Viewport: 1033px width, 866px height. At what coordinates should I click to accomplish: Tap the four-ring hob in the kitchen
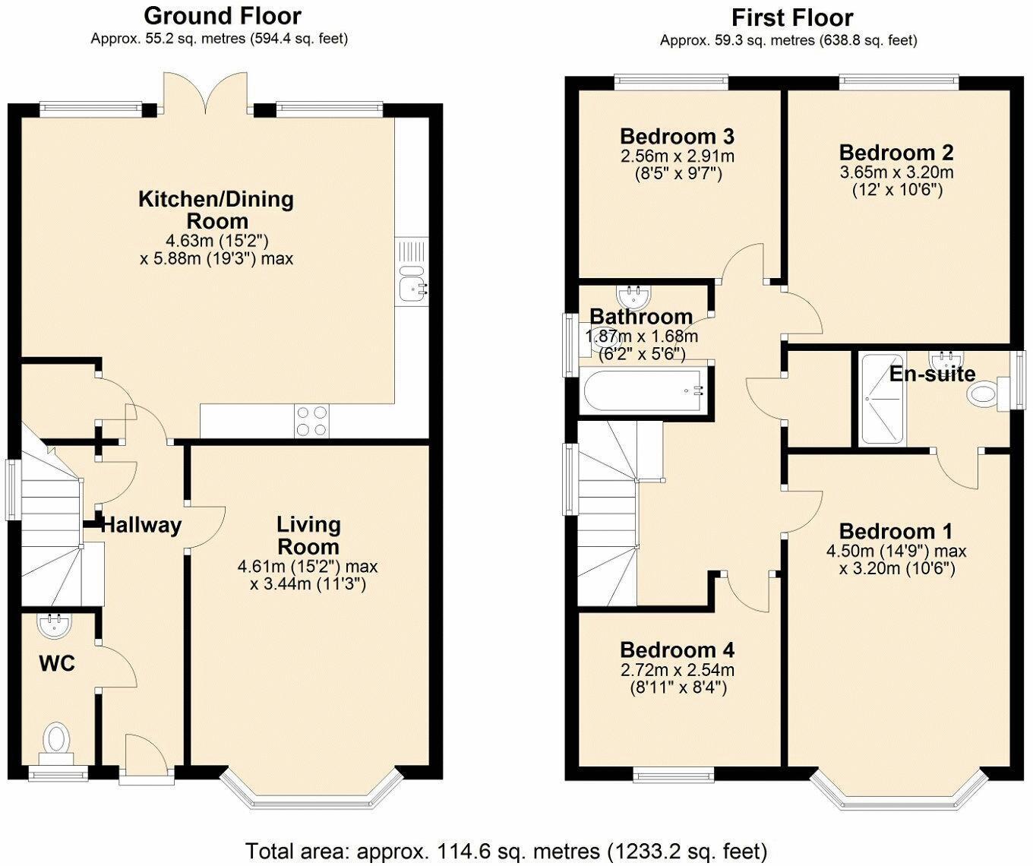point(312,421)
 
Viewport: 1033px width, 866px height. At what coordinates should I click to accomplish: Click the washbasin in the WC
point(55,625)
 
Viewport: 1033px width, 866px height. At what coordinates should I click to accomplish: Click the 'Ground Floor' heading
point(222,15)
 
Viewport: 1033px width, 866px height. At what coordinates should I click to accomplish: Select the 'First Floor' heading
point(791,17)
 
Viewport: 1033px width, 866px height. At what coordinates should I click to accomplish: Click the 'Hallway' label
point(141,525)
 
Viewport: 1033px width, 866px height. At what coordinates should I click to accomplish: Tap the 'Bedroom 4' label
point(677,650)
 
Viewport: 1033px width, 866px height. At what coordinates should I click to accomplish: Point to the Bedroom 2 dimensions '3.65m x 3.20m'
point(896,172)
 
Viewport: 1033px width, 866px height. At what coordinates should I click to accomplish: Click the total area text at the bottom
point(506,850)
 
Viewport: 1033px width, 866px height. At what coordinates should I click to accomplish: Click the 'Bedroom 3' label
point(677,137)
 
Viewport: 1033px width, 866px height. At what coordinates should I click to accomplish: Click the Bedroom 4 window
point(673,775)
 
